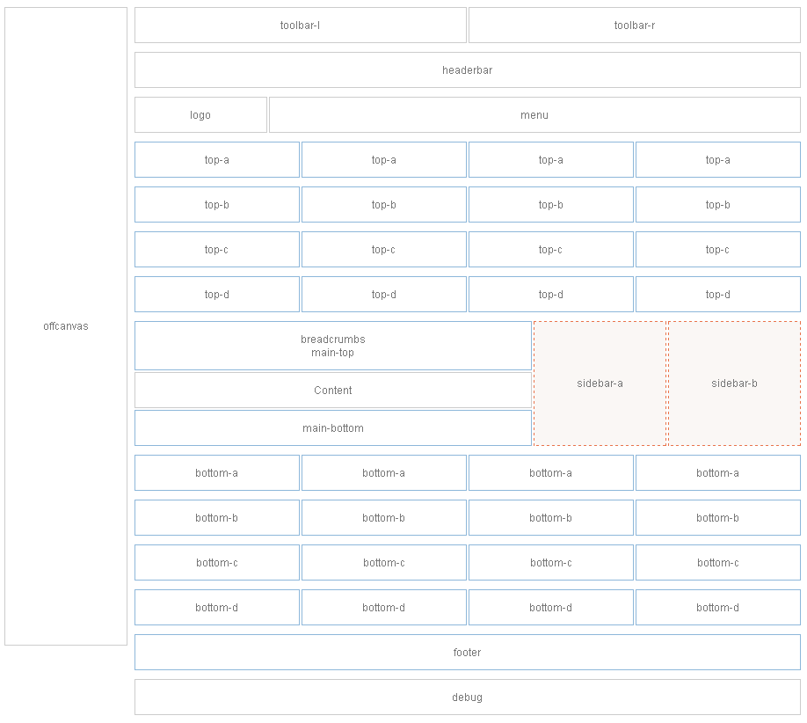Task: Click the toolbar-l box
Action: click(300, 26)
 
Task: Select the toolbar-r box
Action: click(634, 26)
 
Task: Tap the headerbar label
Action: click(467, 70)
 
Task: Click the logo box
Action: click(200, 115)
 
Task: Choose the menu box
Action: click(534, 115)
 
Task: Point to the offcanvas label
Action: click(66, 326)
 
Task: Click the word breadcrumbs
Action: click(333, 340)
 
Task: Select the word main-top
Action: click(333, 353)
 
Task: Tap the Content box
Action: click(333, 391)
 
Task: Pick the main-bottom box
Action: click(333, 428)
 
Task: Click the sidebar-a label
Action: click(600, 383)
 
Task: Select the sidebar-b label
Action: click(734, 383)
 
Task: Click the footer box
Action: click(467, 653)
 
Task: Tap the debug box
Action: click(467, 697)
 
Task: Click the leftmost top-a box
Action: click(217, 160)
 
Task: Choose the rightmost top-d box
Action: click(717, 295)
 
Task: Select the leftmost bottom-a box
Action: click(217, 473)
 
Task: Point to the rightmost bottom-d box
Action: click(717, 608)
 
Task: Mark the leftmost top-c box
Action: click(217, 250)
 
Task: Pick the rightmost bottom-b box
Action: click(717, 518)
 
